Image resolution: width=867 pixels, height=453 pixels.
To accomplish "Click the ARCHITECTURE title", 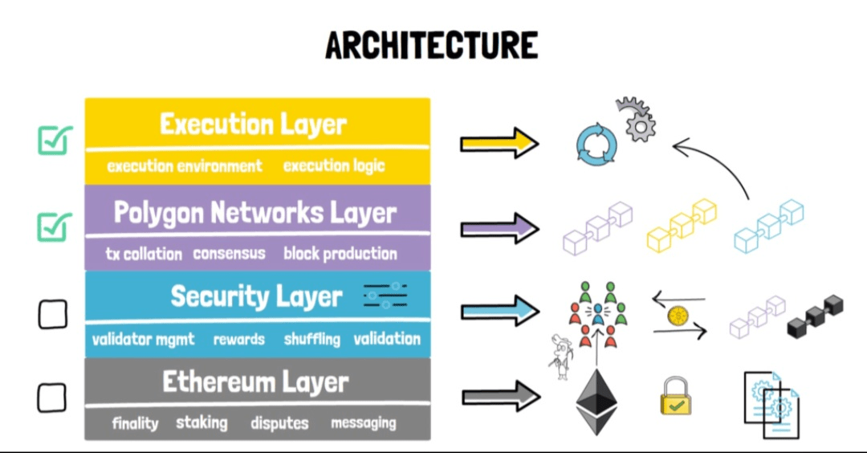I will (432, 45).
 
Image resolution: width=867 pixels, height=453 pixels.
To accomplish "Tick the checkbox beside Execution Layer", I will (55, 141).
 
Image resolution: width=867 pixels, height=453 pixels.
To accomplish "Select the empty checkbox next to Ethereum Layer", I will (52, 398).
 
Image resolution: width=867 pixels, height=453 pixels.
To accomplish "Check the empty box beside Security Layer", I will (53, 314).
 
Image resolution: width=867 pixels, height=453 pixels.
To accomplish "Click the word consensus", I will (229, 254).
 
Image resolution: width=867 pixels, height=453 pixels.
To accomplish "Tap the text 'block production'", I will (340, 254).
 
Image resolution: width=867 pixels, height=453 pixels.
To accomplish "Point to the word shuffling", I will (311, 339).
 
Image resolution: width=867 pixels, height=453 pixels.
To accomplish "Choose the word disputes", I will (279, 422).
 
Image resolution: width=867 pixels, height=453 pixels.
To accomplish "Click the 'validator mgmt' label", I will (143, 339).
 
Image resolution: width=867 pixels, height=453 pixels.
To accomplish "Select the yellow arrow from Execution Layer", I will (499, 143).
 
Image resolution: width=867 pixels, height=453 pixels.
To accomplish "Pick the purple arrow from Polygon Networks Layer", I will (499, 228).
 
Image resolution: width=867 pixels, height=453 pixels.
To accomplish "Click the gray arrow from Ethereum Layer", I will (499, 396).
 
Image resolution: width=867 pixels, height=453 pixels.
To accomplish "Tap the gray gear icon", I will (637, 120).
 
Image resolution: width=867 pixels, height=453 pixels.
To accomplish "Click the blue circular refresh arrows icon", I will (596, 145).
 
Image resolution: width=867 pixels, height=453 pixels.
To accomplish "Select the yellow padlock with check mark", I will (677, 397).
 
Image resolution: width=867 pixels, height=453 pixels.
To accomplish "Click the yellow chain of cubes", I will (681, 226).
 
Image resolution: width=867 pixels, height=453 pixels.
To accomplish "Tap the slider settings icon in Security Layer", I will (385, 296).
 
